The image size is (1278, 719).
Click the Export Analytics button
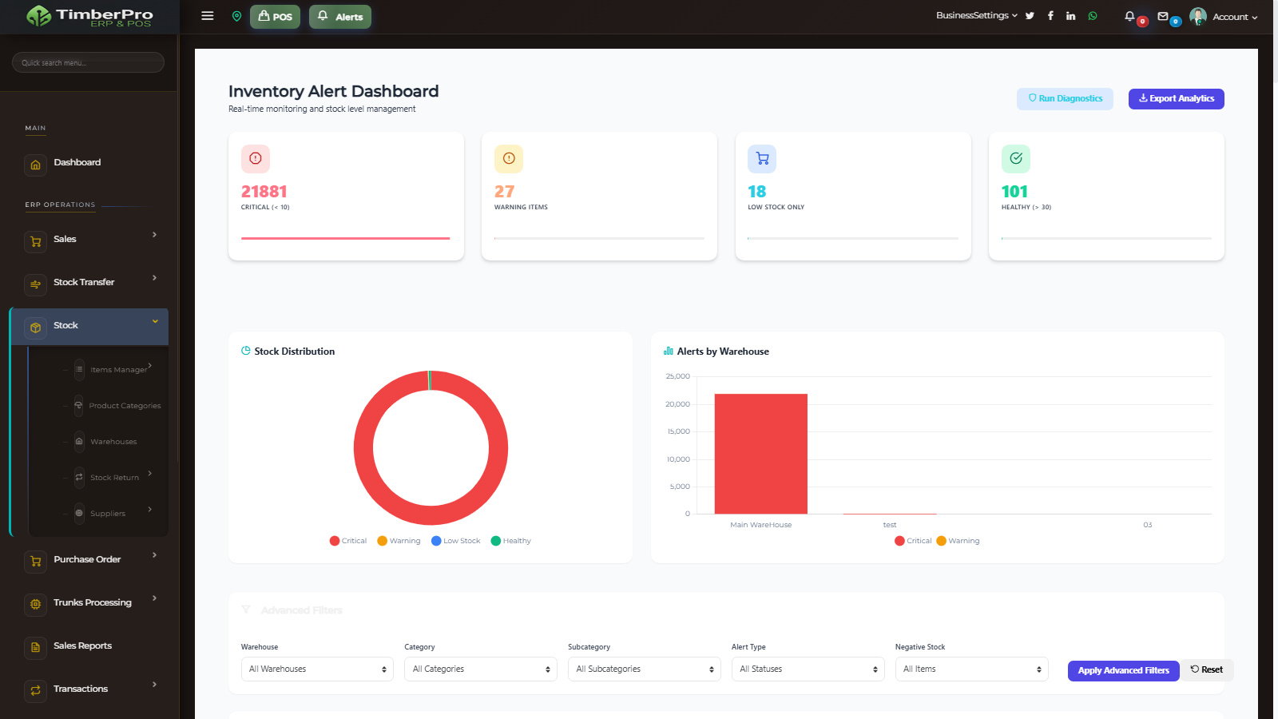pos(1176,99)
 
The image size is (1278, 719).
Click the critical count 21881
pos(264,192)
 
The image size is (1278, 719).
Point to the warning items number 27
pos(504,192)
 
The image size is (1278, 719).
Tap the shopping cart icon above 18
pos(762,159)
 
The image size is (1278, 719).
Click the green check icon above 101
pos(1015,159)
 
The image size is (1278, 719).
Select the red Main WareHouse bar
pos(760,454)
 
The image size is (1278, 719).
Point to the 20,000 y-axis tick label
pos(677,404)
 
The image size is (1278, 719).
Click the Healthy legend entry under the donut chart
pos(511,541)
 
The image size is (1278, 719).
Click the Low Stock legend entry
pos(456,541)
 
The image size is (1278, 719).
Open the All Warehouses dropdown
pos(317,669)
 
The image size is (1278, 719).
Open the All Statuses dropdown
pos(808,669)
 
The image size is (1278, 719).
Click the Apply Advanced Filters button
pos(1123,671)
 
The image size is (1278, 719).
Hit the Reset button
pos(1207,670)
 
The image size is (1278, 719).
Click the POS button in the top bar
pos(275,17)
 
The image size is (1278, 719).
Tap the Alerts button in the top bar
pos(340,17)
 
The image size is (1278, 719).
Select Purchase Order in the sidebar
pos(87,560)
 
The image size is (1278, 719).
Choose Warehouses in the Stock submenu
pos(113,442)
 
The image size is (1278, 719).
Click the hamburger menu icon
pos(208,16)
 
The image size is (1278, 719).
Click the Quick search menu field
pos(88,62)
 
